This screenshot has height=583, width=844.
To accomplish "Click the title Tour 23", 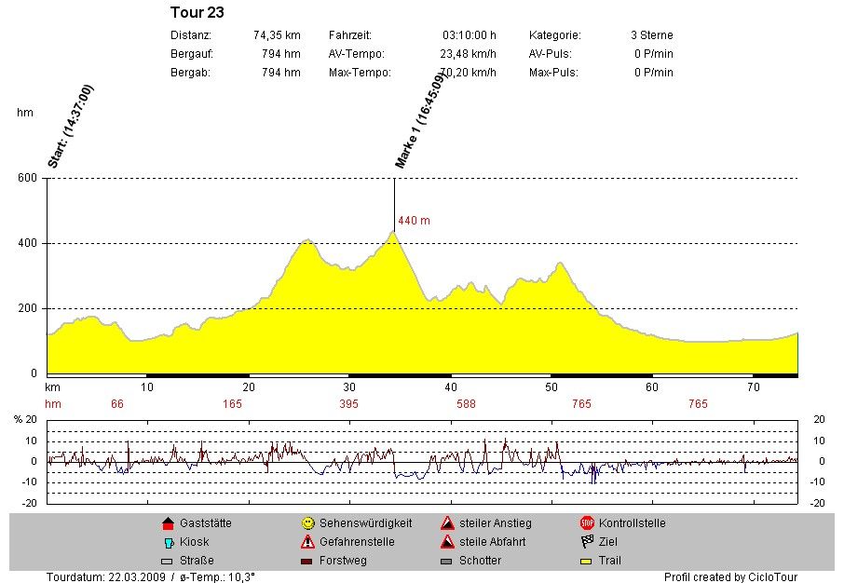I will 197,13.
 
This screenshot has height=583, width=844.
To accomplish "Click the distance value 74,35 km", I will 277,35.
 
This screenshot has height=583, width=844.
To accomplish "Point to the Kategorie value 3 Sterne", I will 651,35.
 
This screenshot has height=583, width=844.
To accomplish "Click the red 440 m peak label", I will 414,221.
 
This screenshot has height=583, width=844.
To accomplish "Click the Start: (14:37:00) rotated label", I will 71,126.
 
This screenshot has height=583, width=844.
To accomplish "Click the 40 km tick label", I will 450,386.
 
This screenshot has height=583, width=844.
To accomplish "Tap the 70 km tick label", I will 754,386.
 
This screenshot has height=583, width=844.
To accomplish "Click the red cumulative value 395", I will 348,404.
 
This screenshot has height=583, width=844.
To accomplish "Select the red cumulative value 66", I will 117,404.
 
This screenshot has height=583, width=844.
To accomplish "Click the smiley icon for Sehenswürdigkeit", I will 307,523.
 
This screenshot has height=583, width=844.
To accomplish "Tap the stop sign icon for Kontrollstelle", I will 587,523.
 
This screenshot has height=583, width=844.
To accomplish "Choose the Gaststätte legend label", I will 205,523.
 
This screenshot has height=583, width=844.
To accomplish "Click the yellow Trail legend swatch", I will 587,561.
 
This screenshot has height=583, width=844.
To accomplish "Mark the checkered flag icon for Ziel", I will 587,542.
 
